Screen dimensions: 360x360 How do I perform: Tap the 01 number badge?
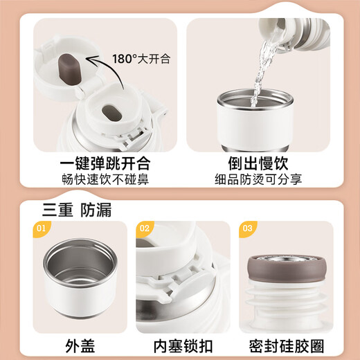pyautogui.click(x=41, y=228)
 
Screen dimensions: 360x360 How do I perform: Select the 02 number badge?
pyautogui.click(x=145, y=228)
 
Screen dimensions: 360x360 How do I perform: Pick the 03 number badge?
pyautogui.click(x=246, y=228)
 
